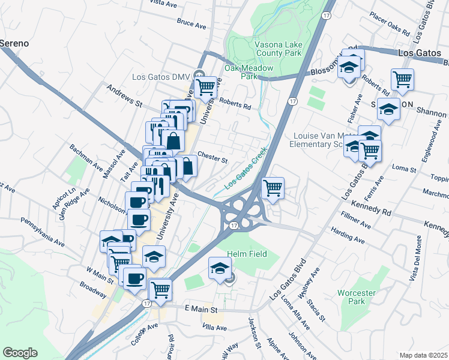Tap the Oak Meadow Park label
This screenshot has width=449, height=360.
tap(249, 72)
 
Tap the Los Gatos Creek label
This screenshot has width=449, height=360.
tap(245, 170)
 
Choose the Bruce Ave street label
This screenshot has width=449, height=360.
tap(191, 23)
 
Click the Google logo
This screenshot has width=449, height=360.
tap(20, 352)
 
